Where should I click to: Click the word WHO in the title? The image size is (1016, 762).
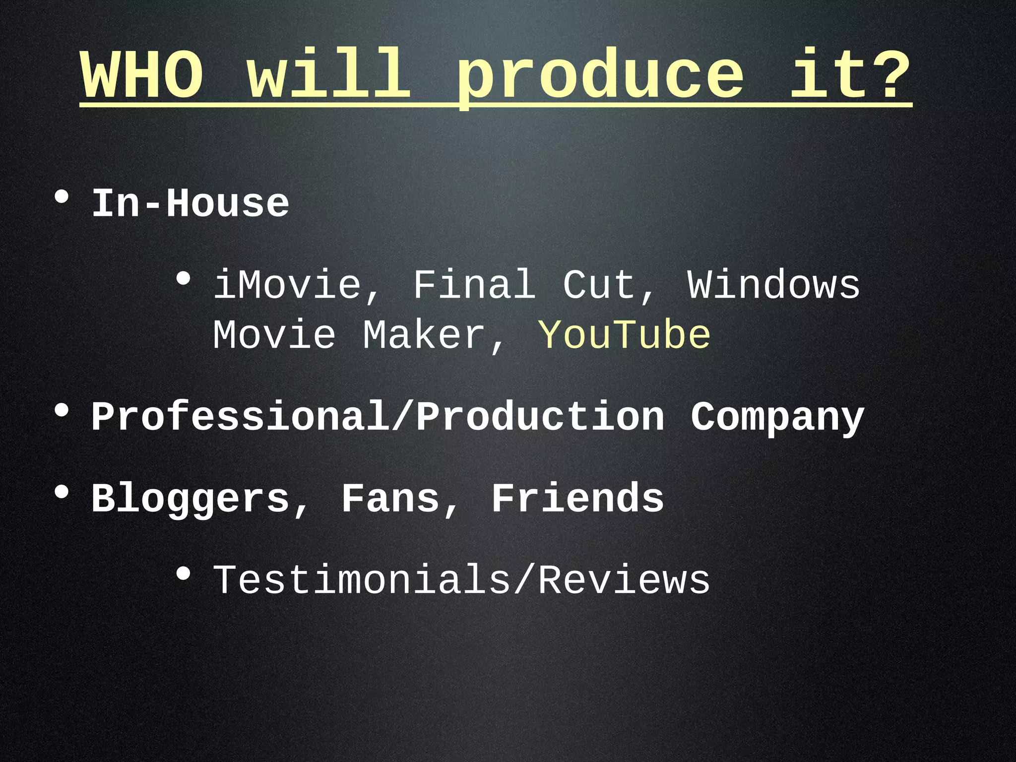click(142, 75)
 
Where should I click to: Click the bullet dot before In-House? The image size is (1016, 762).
click(62, 197)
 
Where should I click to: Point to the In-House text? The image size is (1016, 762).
click(190, 203)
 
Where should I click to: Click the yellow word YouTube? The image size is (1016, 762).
click(624, 335)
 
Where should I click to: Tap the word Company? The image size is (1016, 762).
click(777, 418)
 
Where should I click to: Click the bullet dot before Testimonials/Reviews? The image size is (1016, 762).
click(183, 574)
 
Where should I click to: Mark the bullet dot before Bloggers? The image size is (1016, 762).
click(62, 492)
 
